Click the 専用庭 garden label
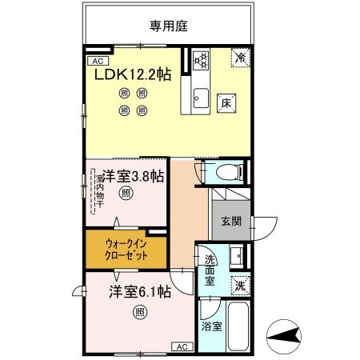(x=166, y=25)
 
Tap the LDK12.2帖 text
(x=134, y=74)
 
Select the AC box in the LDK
(x=97, y=61)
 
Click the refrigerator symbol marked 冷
(x=239, y=57)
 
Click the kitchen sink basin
(x=201, y=99)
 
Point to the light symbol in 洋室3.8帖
(x=126, y=193)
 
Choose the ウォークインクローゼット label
(x=126, y=251)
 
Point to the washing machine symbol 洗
(x=239, y=283)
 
